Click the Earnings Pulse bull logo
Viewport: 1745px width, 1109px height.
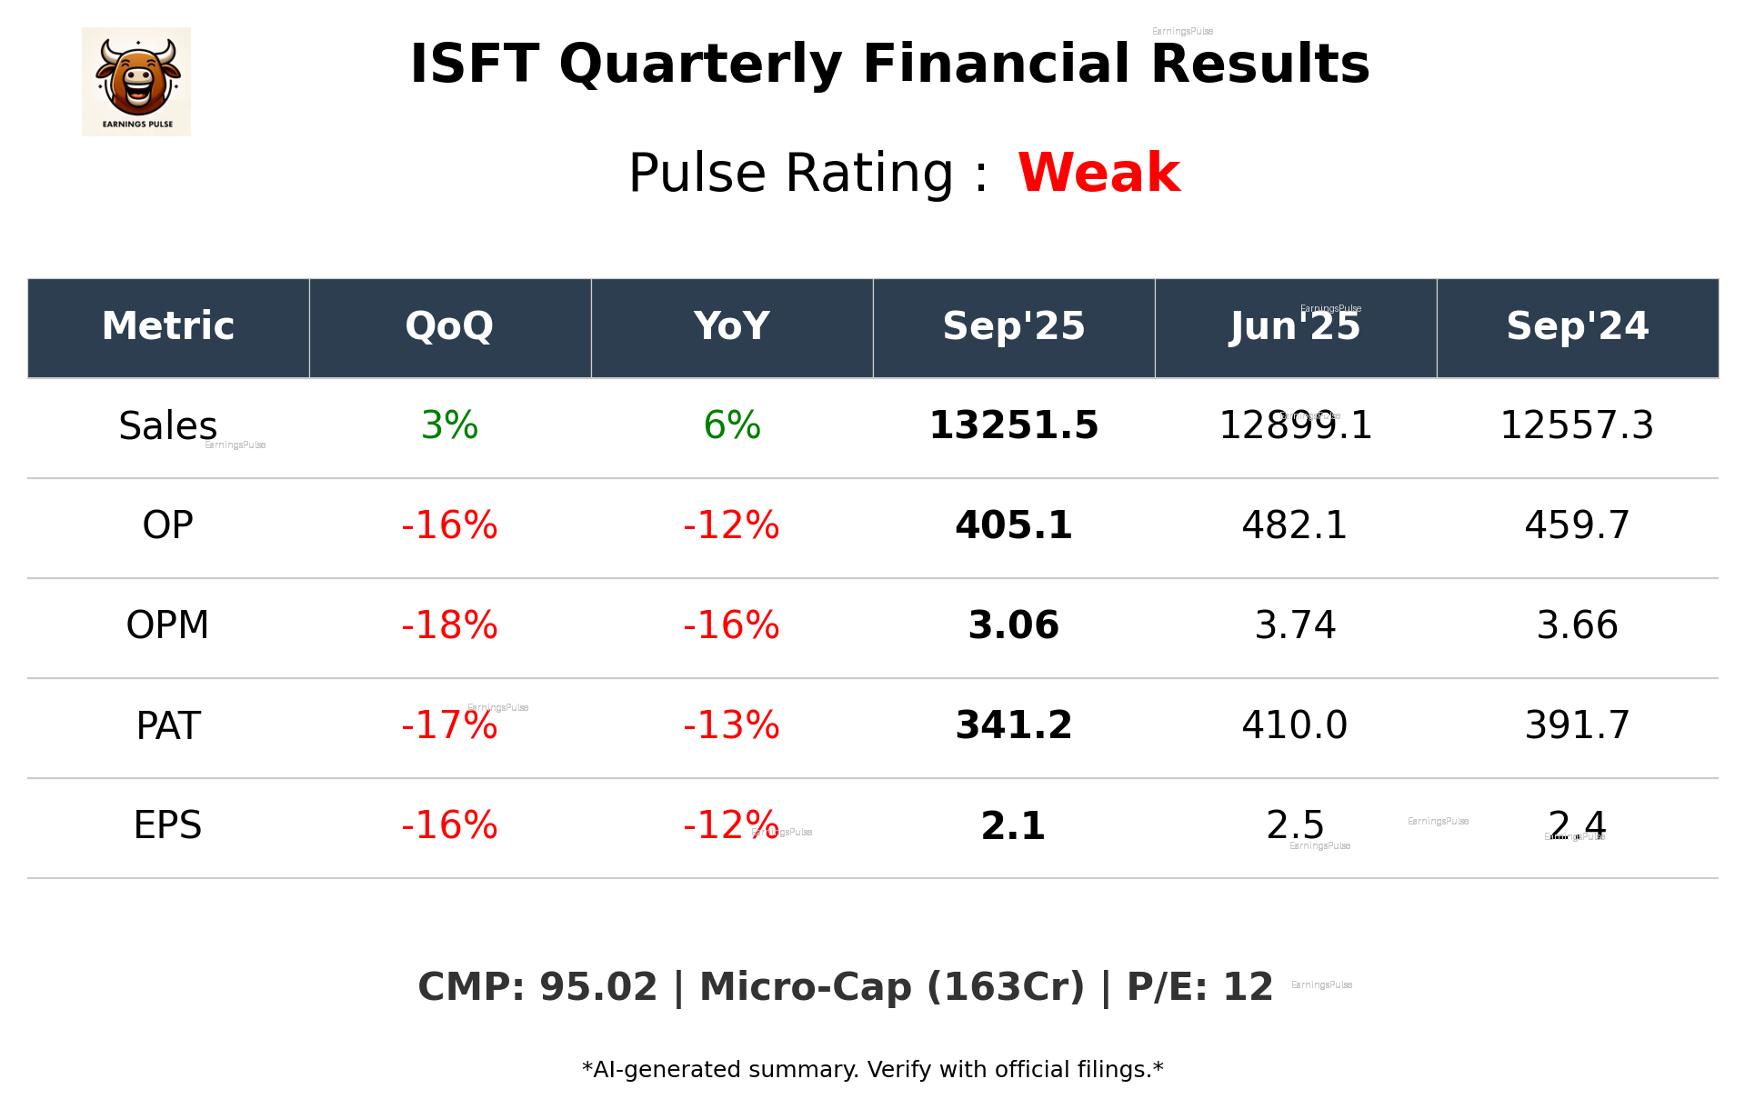coord(136,82)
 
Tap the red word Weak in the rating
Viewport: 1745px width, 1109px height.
coord(1098,173)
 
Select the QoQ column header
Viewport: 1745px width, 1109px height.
coord(449,326)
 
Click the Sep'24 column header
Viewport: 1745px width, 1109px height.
coord(1577,326)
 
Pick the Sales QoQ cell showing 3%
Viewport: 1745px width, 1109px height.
coord(449,425)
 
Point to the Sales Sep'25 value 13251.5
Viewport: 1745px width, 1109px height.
coord(1013,425)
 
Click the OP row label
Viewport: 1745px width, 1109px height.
coord(168,525)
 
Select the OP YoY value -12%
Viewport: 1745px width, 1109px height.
coord(731,525)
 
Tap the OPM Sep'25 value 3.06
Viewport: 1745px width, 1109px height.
coord(1013,625)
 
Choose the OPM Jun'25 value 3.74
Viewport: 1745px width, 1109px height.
coord(1295,625)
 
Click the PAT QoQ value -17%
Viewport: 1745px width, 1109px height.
coord(449,725)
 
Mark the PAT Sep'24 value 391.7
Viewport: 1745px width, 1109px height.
coord(1577,725)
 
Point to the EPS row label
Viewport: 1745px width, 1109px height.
coord(168,825)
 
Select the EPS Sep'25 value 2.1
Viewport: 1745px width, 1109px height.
coord(1013,825)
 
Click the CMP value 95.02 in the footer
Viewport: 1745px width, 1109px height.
coord(597,987)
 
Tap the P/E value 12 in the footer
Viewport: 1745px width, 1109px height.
coord(1248,987)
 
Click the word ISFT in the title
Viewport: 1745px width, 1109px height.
coord(474,65)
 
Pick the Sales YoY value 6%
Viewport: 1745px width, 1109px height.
coord(731,425)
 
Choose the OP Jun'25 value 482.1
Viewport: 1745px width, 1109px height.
coord(1295,525)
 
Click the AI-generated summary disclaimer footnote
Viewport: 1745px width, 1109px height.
coord(872,1070)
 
